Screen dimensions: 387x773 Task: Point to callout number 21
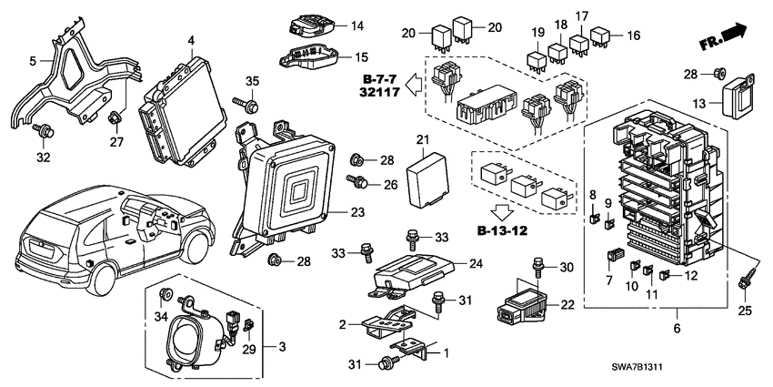click(422, 138)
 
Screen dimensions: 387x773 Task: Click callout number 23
click(356, 211)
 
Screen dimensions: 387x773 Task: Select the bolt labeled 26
click(361, 183)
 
